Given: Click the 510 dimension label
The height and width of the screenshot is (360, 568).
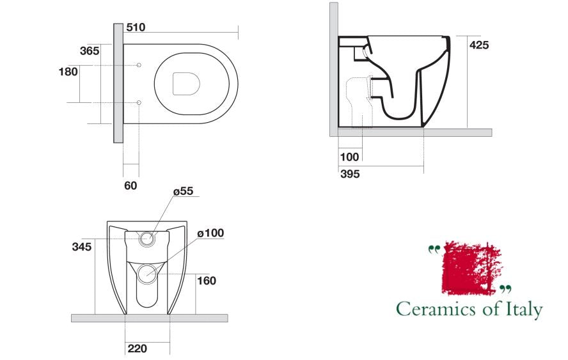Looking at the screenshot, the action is point(136,27).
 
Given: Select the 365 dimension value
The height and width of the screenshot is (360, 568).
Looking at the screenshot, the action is point(90,51).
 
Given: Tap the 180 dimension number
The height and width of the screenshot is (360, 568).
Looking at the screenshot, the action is point(68,72).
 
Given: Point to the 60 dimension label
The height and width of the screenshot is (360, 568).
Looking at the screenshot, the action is point(130,186).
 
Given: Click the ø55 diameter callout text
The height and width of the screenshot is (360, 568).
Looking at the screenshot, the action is point(184,191).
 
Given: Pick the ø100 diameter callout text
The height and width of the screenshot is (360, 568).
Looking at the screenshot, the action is point(210,233).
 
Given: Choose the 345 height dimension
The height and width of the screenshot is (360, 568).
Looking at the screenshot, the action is point(82,247).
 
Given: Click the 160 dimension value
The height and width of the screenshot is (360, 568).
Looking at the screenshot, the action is point(207,281).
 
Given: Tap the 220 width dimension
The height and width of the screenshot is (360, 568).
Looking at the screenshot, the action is point(138,348).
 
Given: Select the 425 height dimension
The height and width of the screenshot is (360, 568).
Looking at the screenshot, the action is point(479,45).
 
